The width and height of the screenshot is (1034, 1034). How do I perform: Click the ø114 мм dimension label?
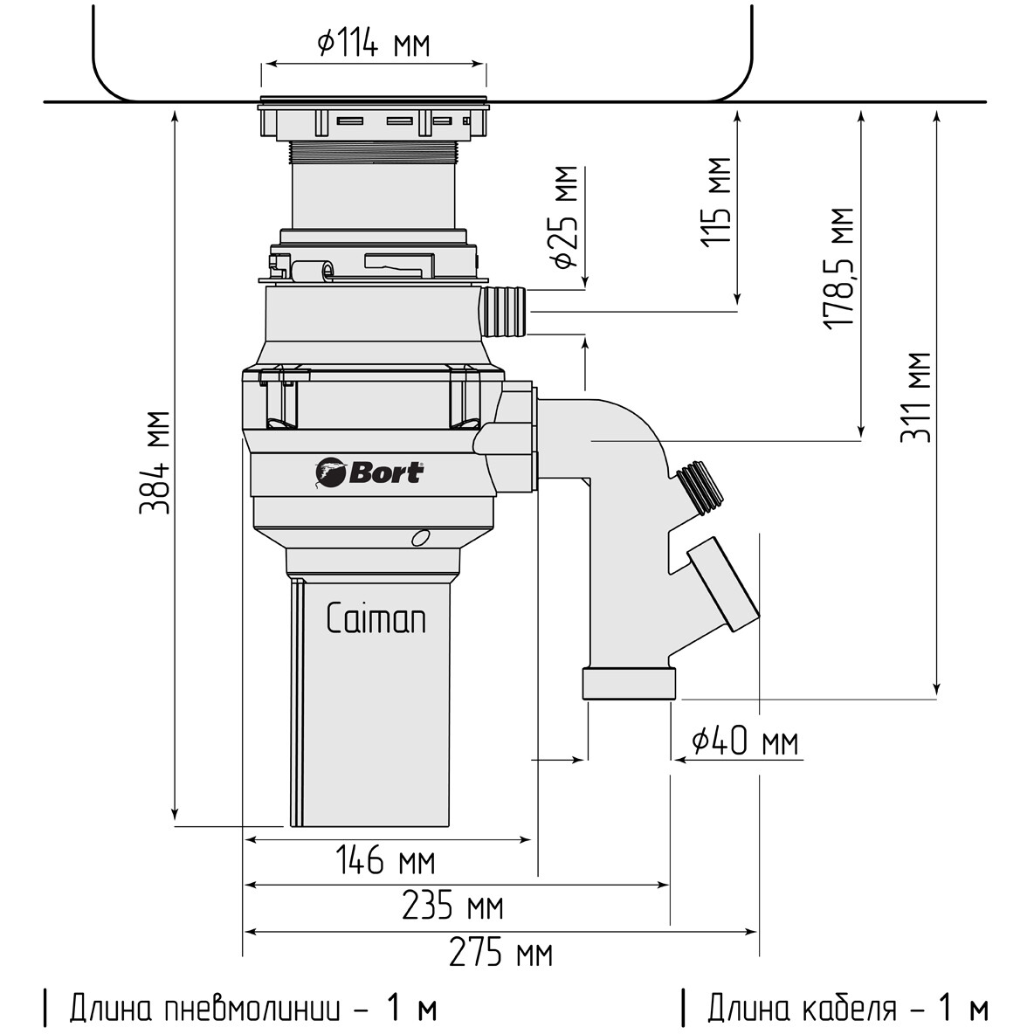point(373,44)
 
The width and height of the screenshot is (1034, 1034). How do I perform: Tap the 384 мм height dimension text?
point(155,462)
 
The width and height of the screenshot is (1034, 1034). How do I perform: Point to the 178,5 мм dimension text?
point(839,268)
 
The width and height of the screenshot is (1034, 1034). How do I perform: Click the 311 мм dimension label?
point(917,397)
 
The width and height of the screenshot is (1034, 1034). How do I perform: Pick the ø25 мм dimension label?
point(566,217)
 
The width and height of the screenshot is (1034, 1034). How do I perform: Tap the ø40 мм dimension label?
point(745,741)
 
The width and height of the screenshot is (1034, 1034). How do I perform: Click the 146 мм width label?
point(386,860)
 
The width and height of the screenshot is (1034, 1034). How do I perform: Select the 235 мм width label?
point(452,905)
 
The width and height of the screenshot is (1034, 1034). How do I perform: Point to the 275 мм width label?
point(500,952)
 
